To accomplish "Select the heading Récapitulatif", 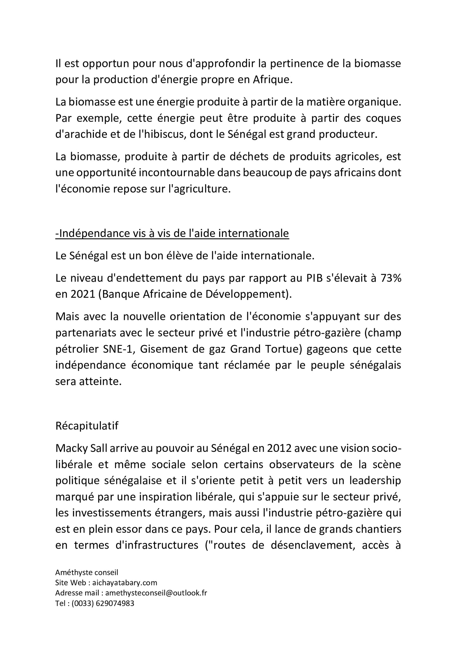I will tap(87, 426).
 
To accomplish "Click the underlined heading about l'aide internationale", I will tap(172, 233).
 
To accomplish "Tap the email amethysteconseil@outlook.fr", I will tap(156, 593).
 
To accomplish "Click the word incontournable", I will tap(182, 173).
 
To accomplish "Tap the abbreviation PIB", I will tap(315, 278).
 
